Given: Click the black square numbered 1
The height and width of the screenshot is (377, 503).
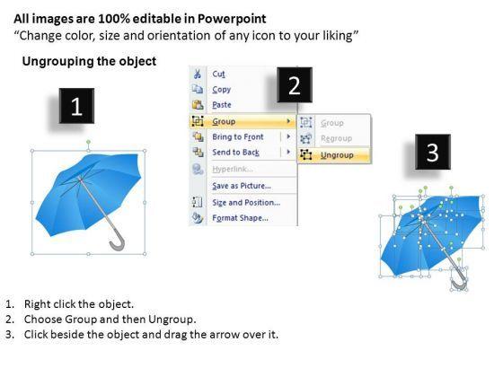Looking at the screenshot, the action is click(76, 106).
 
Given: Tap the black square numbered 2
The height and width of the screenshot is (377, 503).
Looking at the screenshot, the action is click(295, 85).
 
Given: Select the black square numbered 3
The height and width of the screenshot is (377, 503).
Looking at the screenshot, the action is click(433, 152).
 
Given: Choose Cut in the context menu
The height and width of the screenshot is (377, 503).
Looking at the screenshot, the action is click(218, 74).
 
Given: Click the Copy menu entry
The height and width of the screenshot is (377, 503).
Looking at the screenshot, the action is click(221, 90).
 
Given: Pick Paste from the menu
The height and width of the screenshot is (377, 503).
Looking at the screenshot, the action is click(222, 105).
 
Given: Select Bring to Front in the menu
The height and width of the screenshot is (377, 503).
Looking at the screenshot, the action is click(238, 136).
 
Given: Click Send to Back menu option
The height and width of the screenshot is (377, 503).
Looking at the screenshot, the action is click(235, 153).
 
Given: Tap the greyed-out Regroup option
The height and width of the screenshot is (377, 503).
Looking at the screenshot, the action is click(336, 138).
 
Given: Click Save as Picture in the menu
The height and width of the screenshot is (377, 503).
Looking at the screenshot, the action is click(242, 186).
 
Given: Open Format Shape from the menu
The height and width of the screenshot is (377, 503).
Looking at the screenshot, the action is click(241, 218).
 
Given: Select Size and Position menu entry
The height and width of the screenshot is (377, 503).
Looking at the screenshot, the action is click(246, 203).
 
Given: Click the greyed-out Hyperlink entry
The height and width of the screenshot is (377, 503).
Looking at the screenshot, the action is click(233, 169).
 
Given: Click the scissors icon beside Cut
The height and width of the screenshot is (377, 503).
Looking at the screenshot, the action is click(198, 74).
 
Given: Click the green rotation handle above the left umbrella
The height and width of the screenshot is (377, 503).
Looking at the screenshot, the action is click(89, 142).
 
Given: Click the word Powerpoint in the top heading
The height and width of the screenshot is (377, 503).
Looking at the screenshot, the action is click(232, 19).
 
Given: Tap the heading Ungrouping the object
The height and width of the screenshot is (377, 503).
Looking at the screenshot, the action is click(89, 61).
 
